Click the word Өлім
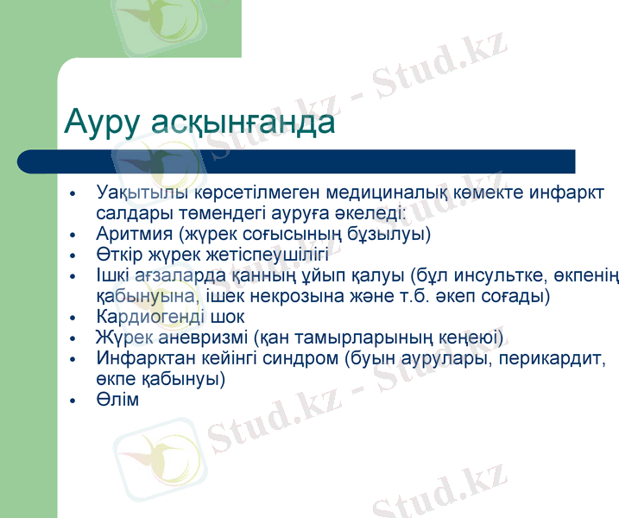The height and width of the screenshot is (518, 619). point(118,400)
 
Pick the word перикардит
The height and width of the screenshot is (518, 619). point(553,358)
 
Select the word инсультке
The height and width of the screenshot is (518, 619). point(493,275)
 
